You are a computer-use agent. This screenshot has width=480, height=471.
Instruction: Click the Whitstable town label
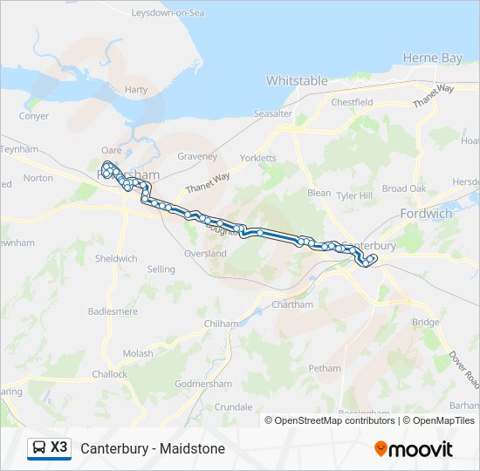297,81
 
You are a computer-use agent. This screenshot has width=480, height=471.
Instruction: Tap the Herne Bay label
432,58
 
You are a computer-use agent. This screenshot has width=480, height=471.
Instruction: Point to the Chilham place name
220,324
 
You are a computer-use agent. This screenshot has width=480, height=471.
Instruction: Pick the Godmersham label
202,384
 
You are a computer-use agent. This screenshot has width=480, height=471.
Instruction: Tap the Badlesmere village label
113,311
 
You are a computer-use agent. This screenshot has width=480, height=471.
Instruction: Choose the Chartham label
292,304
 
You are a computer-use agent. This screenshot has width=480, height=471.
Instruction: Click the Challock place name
110,374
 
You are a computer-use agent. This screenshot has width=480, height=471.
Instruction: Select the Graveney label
197,157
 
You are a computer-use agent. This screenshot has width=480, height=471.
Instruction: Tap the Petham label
325,368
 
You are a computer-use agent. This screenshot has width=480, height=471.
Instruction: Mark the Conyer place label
34,116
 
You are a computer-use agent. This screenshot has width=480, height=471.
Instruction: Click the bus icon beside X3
38,448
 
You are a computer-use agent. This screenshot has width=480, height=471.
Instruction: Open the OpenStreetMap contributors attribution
334,420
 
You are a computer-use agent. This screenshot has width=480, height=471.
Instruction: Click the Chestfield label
352,102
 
